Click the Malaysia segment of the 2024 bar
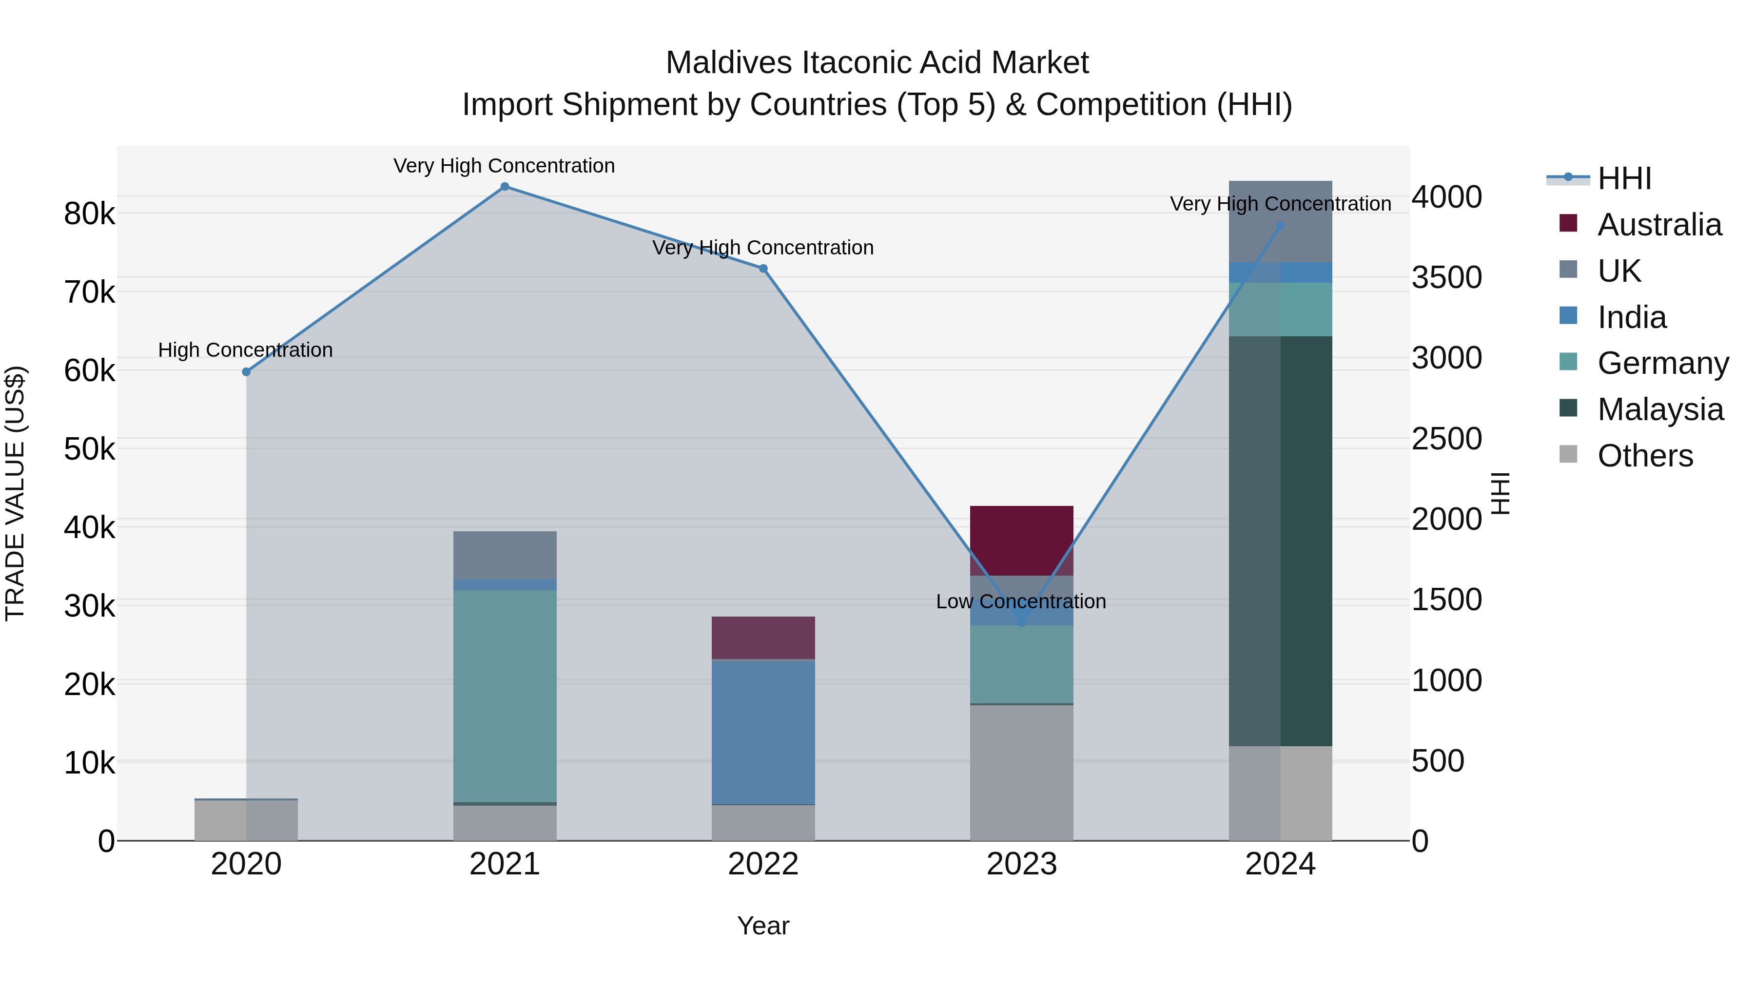tap(1280, 541)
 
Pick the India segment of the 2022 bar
tap(763, 732)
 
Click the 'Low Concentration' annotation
tap(1020, 601)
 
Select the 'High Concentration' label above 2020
tap(245, 350)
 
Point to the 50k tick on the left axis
tap(89, 449)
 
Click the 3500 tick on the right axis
tap(1446, 277)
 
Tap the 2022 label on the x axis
tap(763, 864)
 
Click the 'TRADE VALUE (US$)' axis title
tap(15, 493)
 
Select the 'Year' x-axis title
tap(763, 926)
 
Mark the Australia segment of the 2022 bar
tap(763, 638)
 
